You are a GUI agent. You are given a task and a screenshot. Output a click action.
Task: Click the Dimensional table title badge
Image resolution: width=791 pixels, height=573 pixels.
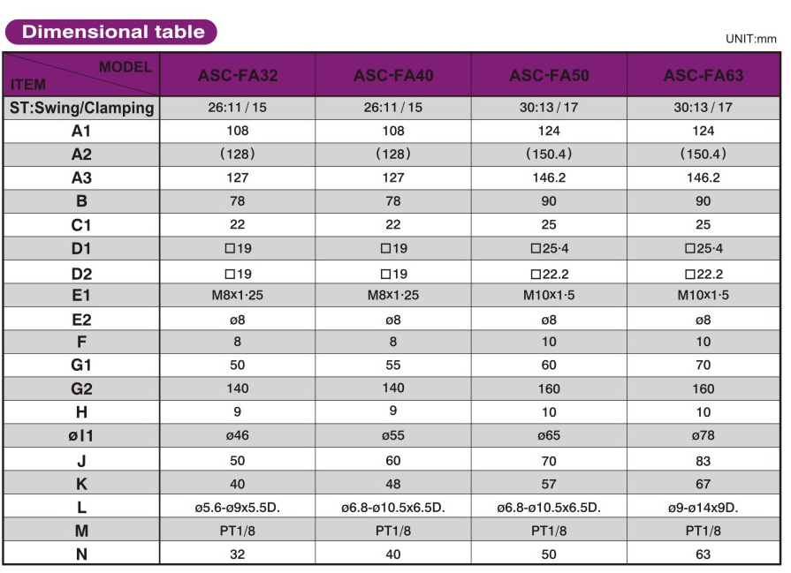111,33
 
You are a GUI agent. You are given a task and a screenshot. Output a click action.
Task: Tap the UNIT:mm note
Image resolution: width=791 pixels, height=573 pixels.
750,39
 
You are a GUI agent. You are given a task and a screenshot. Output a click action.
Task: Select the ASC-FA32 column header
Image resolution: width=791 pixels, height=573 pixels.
238,76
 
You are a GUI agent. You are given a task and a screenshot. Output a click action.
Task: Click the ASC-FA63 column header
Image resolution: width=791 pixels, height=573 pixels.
704,76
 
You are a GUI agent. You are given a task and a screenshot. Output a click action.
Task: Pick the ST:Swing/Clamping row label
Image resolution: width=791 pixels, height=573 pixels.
81,109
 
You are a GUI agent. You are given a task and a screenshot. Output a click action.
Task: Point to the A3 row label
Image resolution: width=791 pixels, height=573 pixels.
81,177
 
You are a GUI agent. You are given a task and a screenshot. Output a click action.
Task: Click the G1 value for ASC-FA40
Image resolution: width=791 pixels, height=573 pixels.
393,365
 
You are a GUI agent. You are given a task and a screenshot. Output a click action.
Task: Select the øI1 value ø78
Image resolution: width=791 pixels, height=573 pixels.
704,435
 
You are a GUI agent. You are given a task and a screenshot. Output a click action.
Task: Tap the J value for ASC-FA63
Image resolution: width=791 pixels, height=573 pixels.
704,460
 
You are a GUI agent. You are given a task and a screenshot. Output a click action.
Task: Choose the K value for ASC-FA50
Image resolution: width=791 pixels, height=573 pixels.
549,484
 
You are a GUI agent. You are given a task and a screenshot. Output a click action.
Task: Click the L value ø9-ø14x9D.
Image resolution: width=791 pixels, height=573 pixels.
704,508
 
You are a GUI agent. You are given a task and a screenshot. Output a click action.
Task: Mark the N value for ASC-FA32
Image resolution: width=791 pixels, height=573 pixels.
238,554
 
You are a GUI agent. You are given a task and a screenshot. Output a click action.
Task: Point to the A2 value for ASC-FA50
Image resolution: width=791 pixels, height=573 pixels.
549,154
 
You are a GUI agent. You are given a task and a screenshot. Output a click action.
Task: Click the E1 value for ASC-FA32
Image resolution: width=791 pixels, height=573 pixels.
238,295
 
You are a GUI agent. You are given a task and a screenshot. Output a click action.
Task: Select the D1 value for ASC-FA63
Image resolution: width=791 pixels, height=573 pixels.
704,249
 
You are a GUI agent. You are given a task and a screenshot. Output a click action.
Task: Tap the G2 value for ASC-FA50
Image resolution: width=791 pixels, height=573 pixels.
549,388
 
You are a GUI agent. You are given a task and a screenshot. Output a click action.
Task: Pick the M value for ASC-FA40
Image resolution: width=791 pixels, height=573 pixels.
393,531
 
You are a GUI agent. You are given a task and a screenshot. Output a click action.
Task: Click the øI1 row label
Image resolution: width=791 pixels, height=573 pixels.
81,436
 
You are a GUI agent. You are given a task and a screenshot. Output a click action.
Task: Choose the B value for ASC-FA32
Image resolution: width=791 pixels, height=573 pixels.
238,201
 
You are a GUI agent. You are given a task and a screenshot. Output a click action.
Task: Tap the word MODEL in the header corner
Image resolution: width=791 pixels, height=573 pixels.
125,66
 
